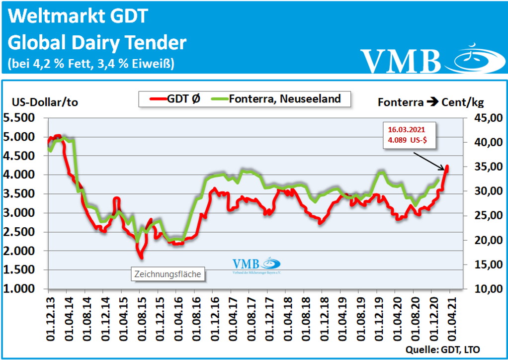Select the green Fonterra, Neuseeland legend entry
coord(276,98)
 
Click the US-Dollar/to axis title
coord(45,102)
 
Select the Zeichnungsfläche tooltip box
coord(169,273)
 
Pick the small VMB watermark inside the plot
coord(256,265)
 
